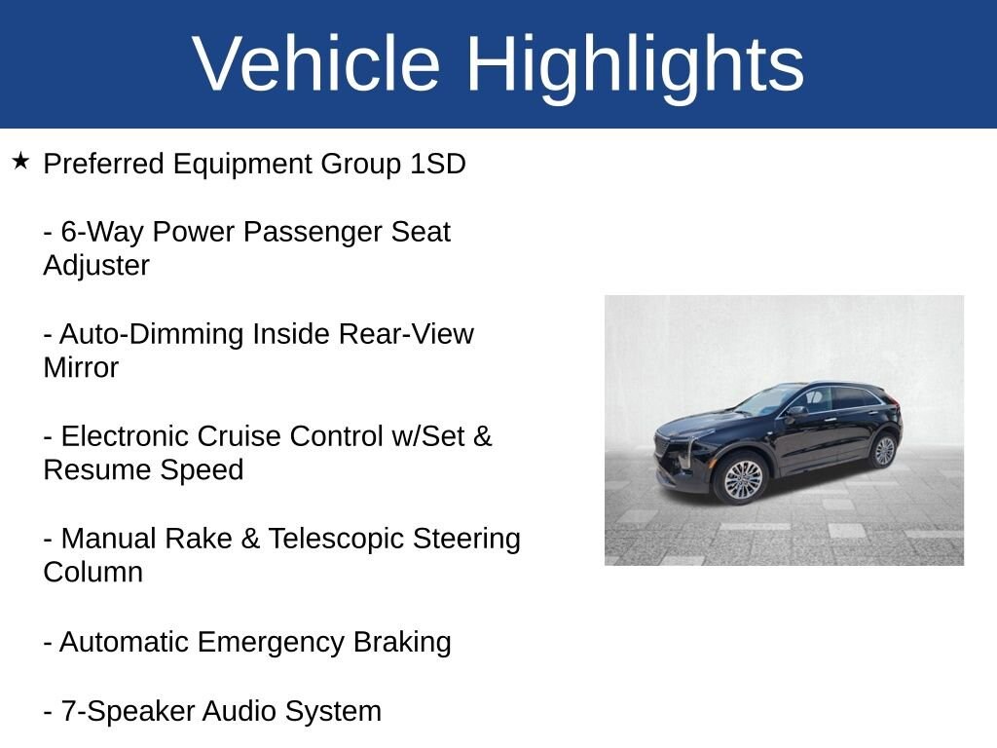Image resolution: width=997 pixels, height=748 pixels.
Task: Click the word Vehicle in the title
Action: pyautogui.click(x=316, y=63)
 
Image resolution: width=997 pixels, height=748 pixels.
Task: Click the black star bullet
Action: pyautogui.click(x=20, y=161)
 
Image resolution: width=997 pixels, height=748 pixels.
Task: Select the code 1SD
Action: pyautogui.click(x=437, y=164)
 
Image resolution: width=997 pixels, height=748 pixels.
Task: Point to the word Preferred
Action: pyautogui.click(x=103, y=164)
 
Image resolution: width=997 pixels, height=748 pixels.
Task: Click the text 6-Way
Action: pyautogui.click(x=101, y=232)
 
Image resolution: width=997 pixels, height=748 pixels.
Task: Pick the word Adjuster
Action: pyautogui.click(x=96, y=265)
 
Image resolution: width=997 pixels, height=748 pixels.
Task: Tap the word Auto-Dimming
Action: pyautogui.click(x=151, y=334)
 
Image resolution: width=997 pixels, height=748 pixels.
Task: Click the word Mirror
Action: pyautogui.click(x=81, y=367)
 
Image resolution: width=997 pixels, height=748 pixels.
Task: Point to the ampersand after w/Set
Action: pyautogui.click(x=483, y=436)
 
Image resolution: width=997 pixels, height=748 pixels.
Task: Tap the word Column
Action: pyautogui.click(x=92, y=573)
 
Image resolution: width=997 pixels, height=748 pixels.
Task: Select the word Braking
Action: pyautogui.click(x=402, y=643)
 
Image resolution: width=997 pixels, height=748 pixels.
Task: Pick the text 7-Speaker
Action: pyautogui.click(x=128, y=711)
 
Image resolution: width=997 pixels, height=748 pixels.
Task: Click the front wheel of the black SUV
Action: pyautogui.click(x=742, y=479)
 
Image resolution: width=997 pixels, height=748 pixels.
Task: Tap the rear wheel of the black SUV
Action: pyautogui.click(x=884, y=450)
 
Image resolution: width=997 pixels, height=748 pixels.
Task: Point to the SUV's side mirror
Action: pyautogui.click(x=794, y=411)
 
